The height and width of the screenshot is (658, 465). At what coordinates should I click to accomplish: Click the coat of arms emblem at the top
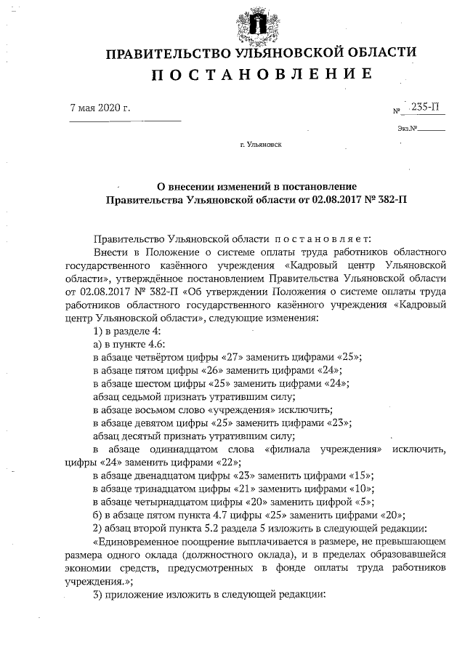[254, 25]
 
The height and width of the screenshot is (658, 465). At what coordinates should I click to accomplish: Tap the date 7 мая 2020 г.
[100, 109]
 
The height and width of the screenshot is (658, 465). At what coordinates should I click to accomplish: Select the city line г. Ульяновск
[261, 145]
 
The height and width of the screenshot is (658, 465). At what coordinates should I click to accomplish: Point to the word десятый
[143, 436]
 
